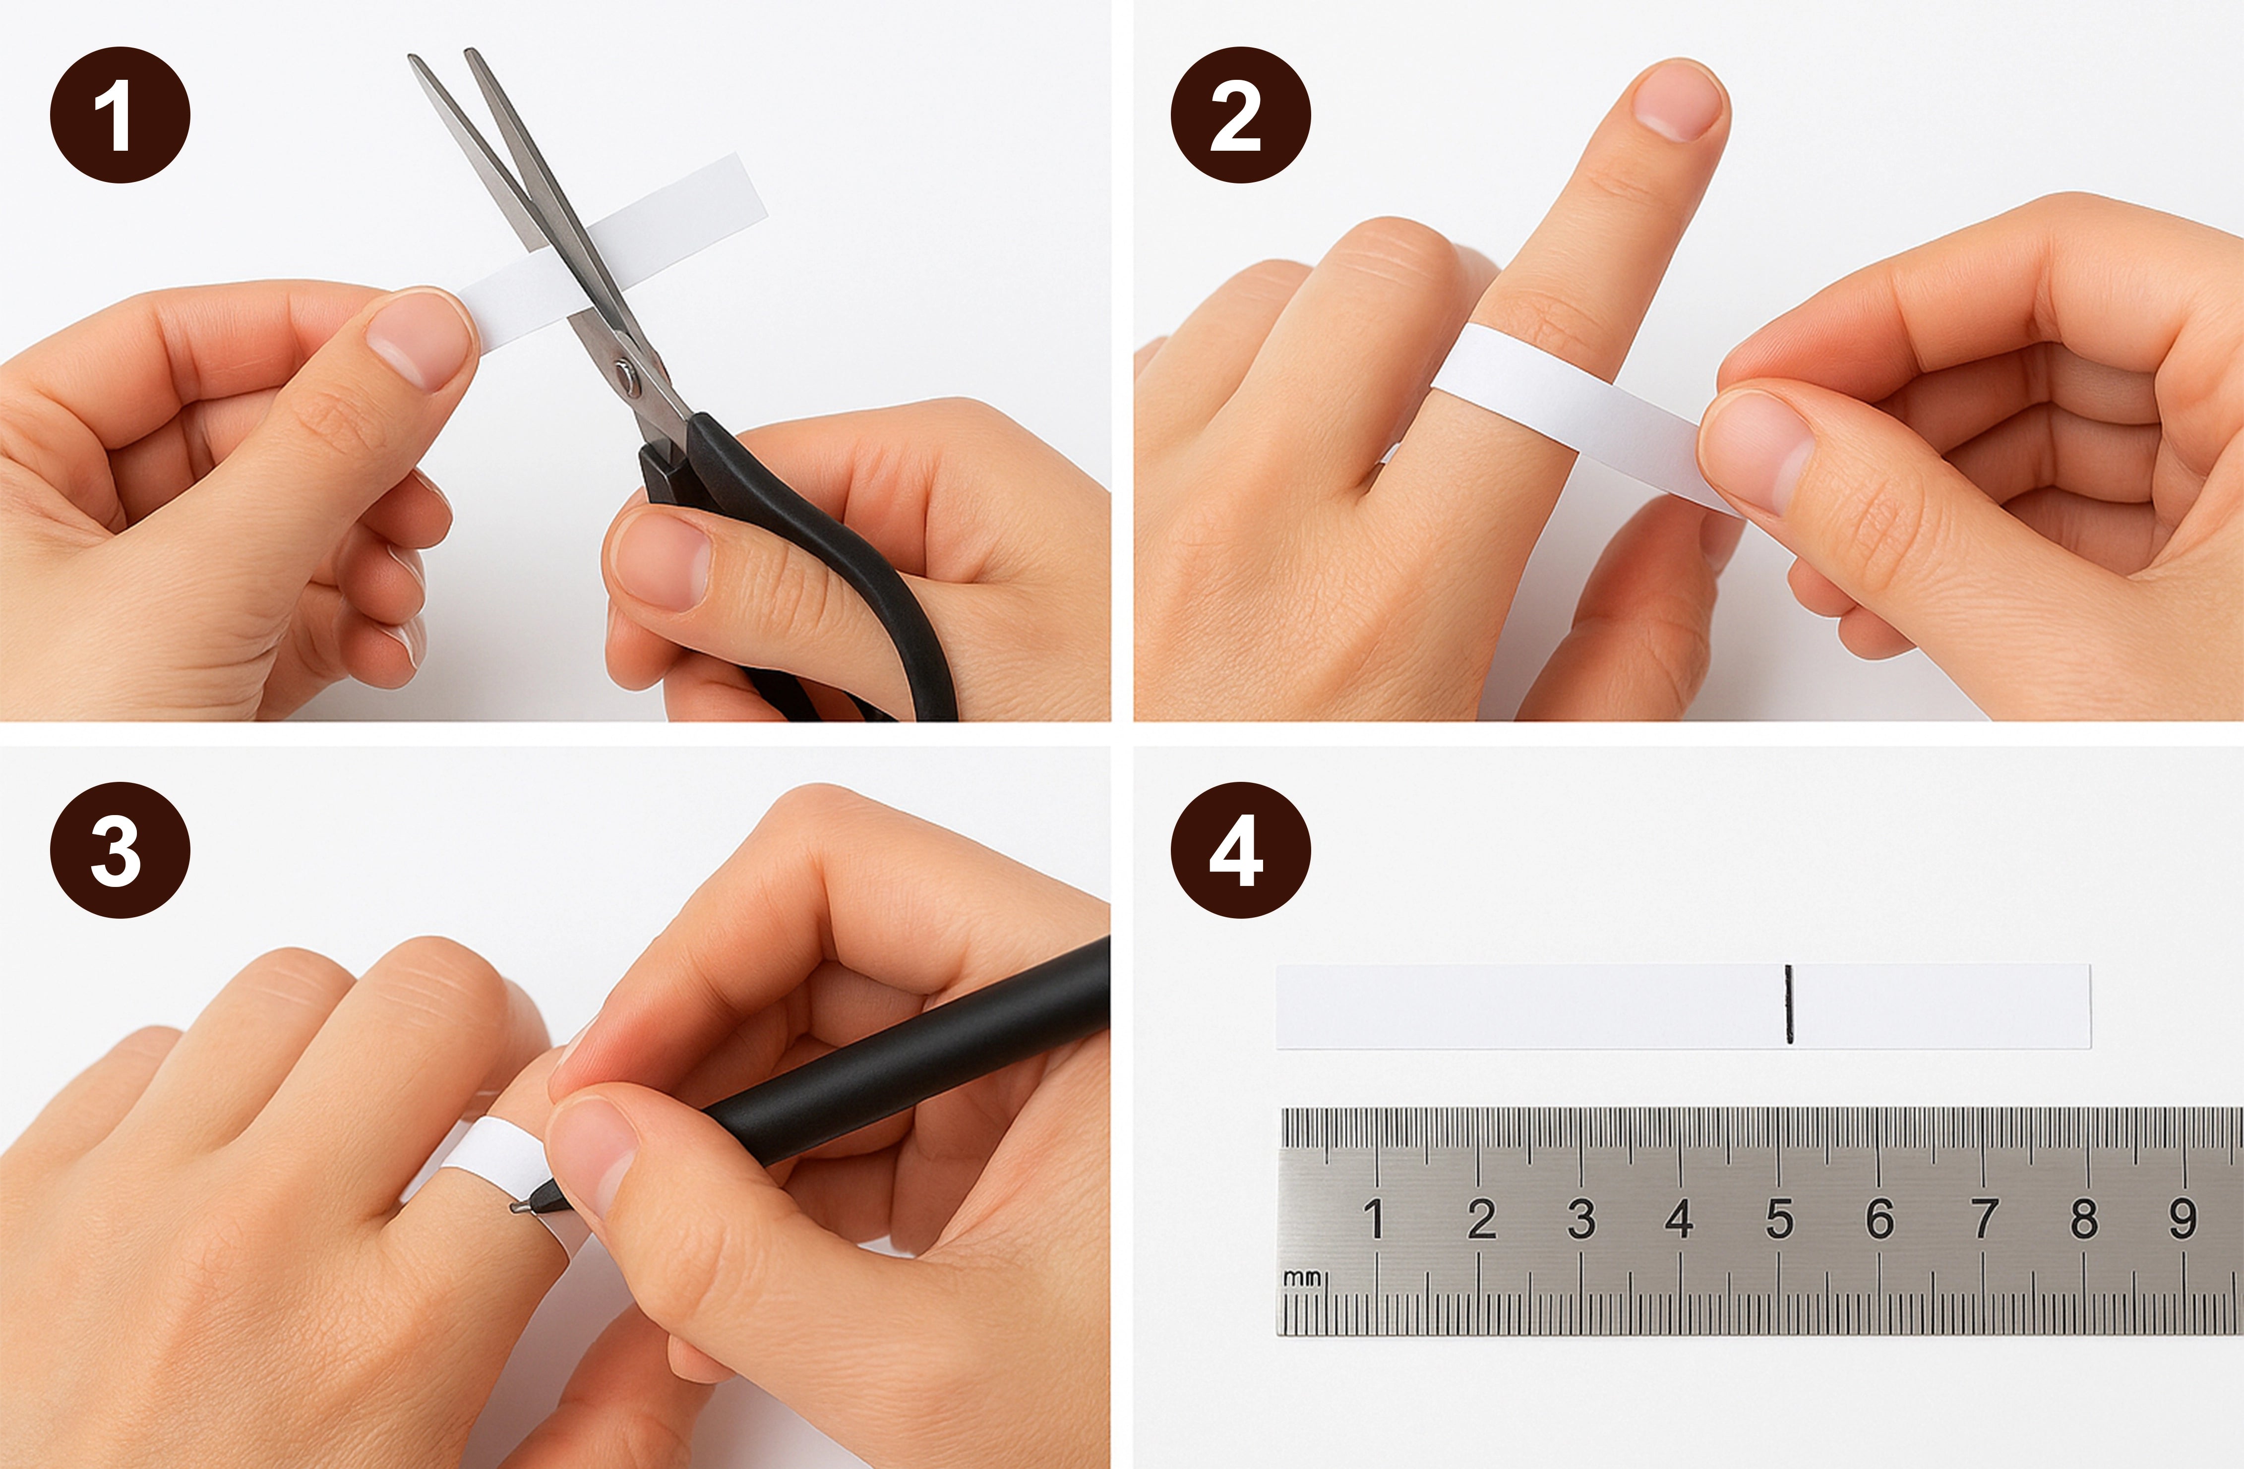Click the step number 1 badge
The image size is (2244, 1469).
tap(120, 115)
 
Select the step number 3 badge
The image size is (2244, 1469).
tap(120, 850)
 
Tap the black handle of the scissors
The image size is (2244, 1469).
tap(811, 566)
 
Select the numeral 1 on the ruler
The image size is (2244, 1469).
tap(1375, 1218)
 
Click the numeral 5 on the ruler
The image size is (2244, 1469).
tap(1779, 1218)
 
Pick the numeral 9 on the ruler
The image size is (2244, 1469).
tap(2182, 1218)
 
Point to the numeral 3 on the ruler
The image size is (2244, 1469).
tap(1581, 1218)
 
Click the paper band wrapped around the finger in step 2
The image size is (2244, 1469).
tap(1565, 406)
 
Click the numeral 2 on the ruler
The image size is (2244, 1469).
tap(1481, 1218)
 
